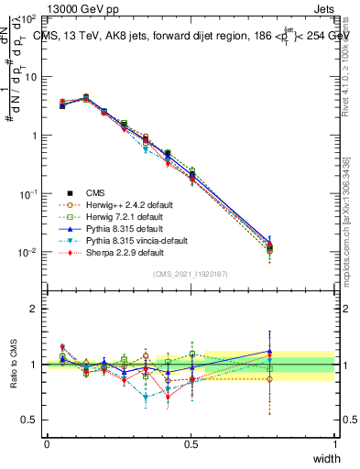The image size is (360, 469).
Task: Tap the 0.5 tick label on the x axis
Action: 191,443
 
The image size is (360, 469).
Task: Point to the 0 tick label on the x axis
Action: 47,443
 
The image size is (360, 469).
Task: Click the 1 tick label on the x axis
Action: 335,443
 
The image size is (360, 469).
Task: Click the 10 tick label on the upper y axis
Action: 30,77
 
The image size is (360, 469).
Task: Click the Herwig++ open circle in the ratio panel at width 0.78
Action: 269,378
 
